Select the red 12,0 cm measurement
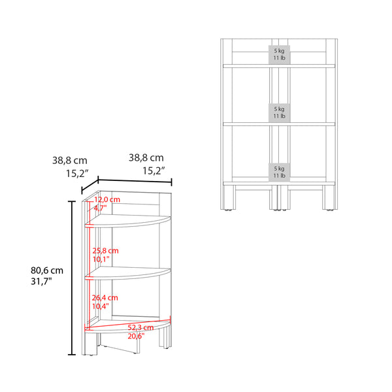[108, 199]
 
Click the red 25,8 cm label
[105, 251]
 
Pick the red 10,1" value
[101, 259]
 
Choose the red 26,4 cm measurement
[105, 297]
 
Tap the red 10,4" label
[101, 306]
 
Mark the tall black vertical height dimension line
[71, 278]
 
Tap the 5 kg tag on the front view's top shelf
[279, 54]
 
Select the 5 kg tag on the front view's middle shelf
[279, 112]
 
